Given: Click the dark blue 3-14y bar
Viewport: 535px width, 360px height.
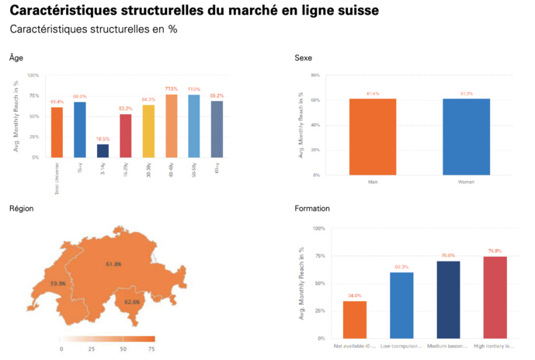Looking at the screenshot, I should point(102,151).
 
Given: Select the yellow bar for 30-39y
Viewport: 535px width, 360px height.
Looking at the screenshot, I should point(148,130).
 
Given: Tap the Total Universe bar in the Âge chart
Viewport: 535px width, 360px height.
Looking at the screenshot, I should point(57,132).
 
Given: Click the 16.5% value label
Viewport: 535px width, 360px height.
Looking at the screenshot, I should point(102,139).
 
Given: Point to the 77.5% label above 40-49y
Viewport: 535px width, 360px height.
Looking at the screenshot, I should point(171,88).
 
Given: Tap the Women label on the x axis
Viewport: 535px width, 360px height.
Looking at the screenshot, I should point(467,182).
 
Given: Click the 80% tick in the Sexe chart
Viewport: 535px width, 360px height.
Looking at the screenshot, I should point(315,75).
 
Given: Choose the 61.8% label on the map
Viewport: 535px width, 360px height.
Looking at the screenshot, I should point(113,265).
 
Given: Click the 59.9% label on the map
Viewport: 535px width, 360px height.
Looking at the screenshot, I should point(58,284).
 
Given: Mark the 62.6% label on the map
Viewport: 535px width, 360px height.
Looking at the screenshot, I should point(132,302).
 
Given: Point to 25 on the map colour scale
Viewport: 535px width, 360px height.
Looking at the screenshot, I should point(92,349).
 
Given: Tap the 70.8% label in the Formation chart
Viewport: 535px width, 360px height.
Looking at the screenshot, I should point(448,255).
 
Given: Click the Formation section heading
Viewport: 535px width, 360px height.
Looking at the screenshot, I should point(312,209).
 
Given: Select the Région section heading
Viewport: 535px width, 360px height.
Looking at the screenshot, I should point(21,209).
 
